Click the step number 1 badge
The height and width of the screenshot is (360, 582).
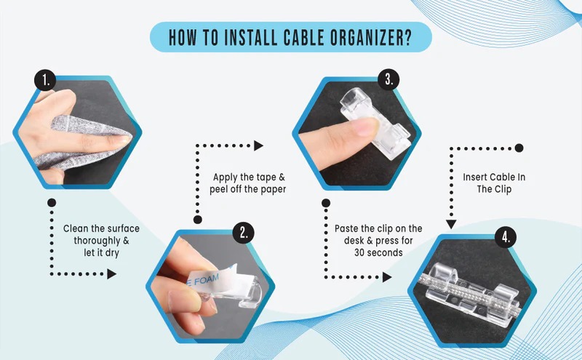tap(45, 81)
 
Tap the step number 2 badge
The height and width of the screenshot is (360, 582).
tap(243, 233)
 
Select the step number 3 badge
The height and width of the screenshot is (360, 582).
tap(388, 79)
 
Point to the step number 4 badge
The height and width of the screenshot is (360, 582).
tap(506, 237)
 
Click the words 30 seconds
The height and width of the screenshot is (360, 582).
tap(378, 253)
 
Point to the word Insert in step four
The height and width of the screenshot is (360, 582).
tap(474, 177)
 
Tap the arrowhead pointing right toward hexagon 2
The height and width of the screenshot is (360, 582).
tap(112, 274)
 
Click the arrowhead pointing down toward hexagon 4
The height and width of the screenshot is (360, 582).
tap(451, 224)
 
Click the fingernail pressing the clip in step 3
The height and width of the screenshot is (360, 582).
tap(365, 127)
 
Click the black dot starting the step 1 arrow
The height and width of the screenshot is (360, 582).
tap(52, 203)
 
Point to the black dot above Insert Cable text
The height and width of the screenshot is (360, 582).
tap(519, 148)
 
